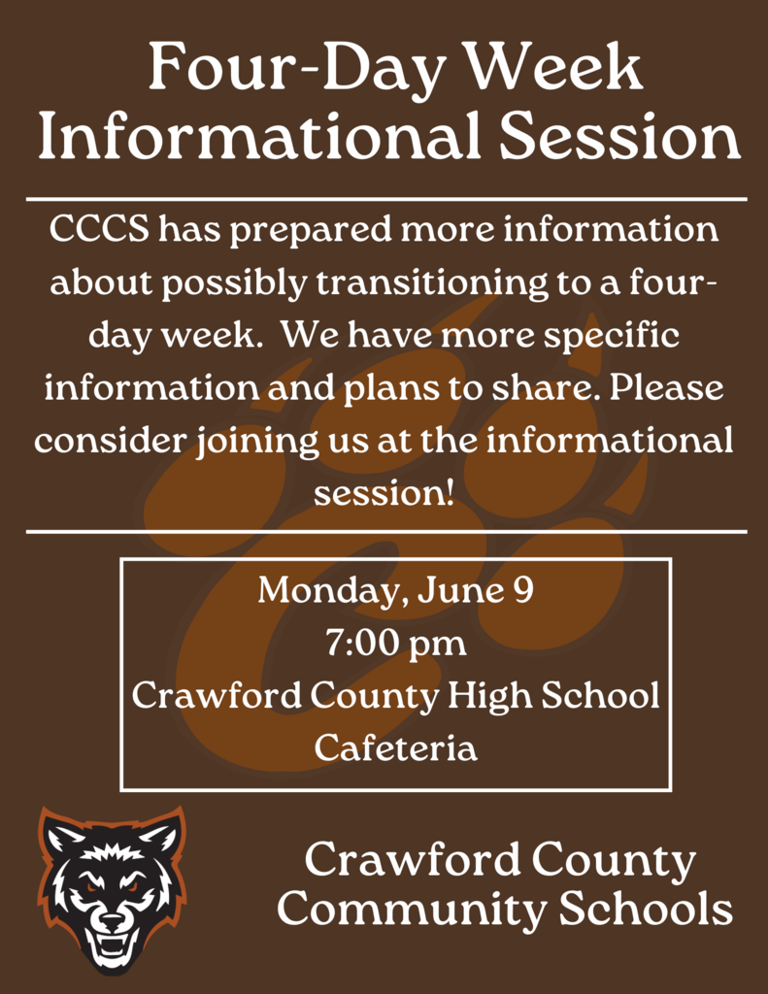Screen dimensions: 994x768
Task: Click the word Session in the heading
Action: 618,138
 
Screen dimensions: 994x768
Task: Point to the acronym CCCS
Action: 98,231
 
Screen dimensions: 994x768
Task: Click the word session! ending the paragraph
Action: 384,493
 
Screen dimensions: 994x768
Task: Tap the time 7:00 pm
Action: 395,644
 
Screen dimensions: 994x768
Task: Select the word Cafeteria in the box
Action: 396,748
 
